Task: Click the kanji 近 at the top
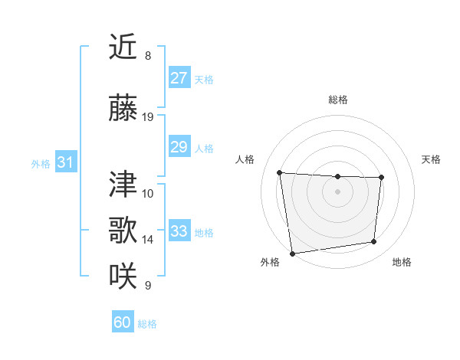click(123, 47)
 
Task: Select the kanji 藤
click(123, 108)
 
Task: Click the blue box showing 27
click(179, 78)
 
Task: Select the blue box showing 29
click(179, 147)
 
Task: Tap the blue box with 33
click(179, 231)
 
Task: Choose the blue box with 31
click(65, 162)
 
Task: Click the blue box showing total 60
click(123, 322)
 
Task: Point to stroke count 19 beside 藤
click(148, 117)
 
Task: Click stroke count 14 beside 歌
click(148, 240)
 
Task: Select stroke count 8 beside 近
click(148, 56)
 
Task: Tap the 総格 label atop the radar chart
click(337, 100)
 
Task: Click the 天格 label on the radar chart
click(432, 159)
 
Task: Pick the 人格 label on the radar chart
click(245, 159)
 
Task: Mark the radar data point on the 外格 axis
click(292, 253)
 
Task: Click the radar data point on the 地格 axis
click(374, 242)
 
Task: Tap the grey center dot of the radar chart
click(337, 191)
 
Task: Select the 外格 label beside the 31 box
click(41, 163)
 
